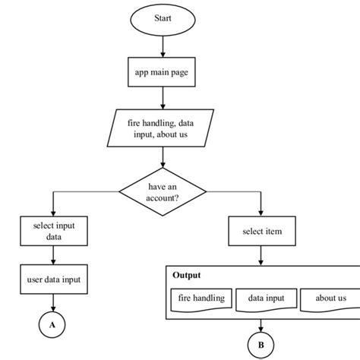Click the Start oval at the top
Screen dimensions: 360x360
pyautogui.click(x=163, y=19)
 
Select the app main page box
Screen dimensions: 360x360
pyautogui.click(x=163, y=72)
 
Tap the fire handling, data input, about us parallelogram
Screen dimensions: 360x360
pyautogui.click(x=163, y=128)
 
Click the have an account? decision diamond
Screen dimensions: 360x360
pyautogui.click(x=163, y=192)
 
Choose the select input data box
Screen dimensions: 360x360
pyautogui.click(x=52, y=231)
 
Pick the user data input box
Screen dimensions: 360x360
pyautogui.click(x=52, y=279)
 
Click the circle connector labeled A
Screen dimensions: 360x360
pyautogui.click(x=52, y=324)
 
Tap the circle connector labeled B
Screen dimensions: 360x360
pyautogui.click(x=261, y=344)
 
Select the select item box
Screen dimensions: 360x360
pyautogui.click(x=261, y=231)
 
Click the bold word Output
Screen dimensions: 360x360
pyautogui.click(x=187, y=275)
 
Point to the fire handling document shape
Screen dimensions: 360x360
pyautogui.click(x=201, y=298)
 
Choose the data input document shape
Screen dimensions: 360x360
pyautogui.click(x=265, y=298)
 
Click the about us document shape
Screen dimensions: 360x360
pyautogui.click(x=330, y=298)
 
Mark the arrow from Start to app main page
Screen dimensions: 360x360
pyautogui.click(x=163, y=46)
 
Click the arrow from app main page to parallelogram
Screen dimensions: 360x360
pyautogui.click(x=163, y=99)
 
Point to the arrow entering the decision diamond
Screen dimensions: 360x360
pyautogui.click(x=163, y=158)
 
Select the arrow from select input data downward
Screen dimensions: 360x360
pyautogui.click(x=52, y=255)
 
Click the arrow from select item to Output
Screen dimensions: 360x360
pyautogui.click(x=261, y=254)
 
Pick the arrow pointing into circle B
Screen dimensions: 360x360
pyautogui.click(x=261, y=323)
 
